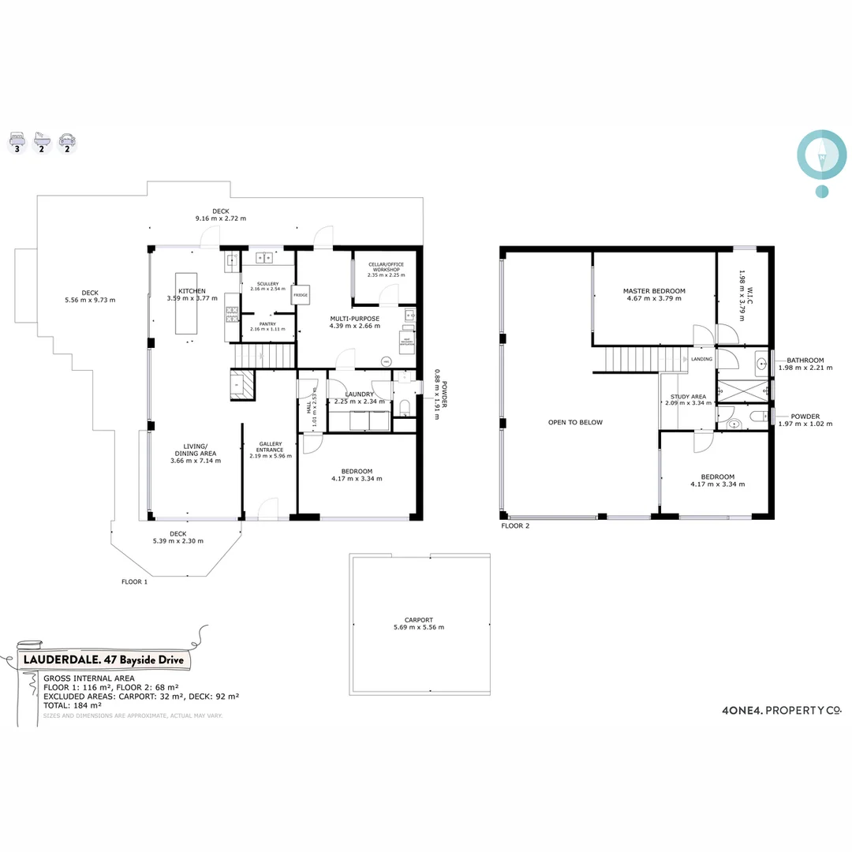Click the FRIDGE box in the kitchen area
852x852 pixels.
click(x=300, y=294)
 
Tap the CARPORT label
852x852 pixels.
click(x=418, y=620)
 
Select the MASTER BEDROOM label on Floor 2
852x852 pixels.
click(x=653, y=291)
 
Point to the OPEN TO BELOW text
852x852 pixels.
click(x=575, y=422)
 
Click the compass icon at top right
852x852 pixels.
click(x=822, y=155)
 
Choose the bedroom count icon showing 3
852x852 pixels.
click(x=17, y=143)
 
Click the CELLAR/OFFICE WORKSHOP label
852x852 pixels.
click(x=386, y=266)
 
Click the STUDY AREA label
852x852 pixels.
click(x=688, y=397)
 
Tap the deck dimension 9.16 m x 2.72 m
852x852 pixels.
click(x=221, y=218)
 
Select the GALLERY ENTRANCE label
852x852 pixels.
click(x=270, y=447)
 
